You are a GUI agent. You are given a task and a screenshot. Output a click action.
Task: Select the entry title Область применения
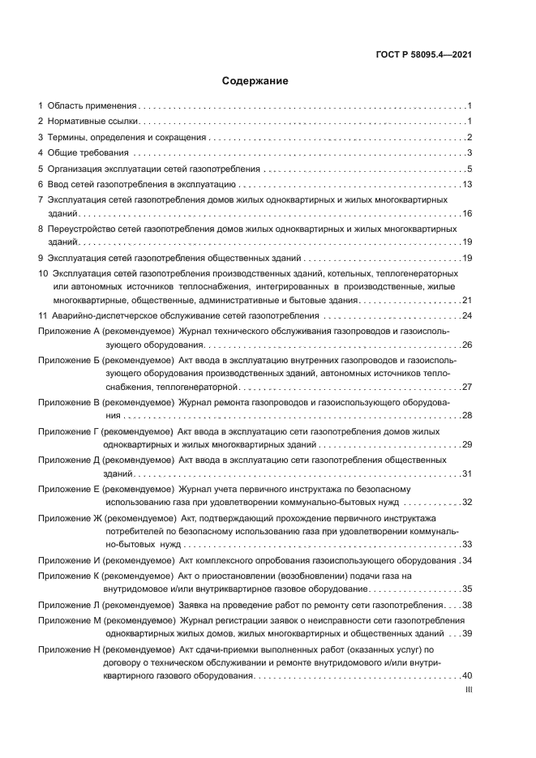[x=92, y=106]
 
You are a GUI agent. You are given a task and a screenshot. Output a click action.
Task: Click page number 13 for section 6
[x=466, y=185]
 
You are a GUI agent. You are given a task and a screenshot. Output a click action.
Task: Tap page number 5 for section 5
[x=469, y=169]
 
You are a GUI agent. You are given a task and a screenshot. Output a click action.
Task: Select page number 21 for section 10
[x=466, y=300]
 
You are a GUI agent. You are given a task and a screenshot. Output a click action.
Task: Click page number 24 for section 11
[x=466, y=315]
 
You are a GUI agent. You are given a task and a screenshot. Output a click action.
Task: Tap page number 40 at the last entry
[x=466, y=676]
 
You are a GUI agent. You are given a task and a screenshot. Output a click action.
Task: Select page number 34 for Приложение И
[x=466, y=560]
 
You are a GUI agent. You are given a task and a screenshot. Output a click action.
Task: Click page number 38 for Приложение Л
[x=466, y=605]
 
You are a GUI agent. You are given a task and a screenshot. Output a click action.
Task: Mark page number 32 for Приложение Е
[x=466, y=503]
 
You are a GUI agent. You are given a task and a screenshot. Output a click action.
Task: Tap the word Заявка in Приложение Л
[x=194, y=605]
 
